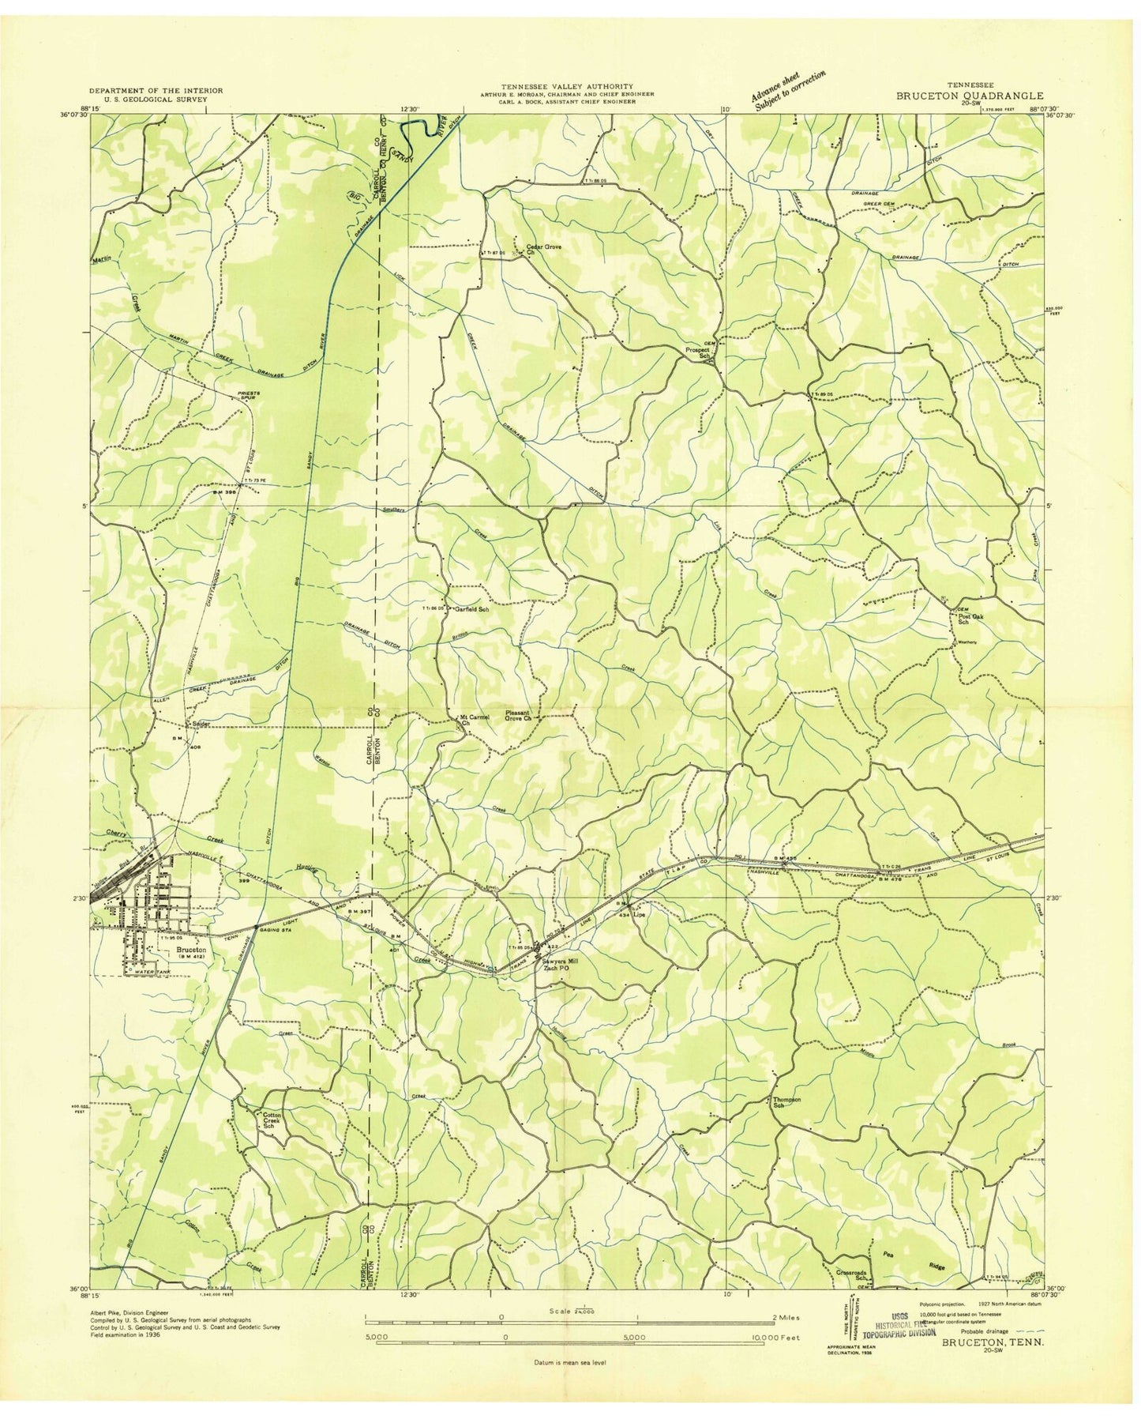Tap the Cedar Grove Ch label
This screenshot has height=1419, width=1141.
click(543, 250)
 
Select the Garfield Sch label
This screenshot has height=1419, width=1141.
click(471, 609)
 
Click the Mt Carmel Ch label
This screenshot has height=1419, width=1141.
click(475, 719)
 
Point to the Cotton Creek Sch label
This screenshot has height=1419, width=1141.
click(271, 1122)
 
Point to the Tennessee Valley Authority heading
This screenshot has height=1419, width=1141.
click(566, 86)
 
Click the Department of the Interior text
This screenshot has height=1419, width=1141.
click(155, 91)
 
